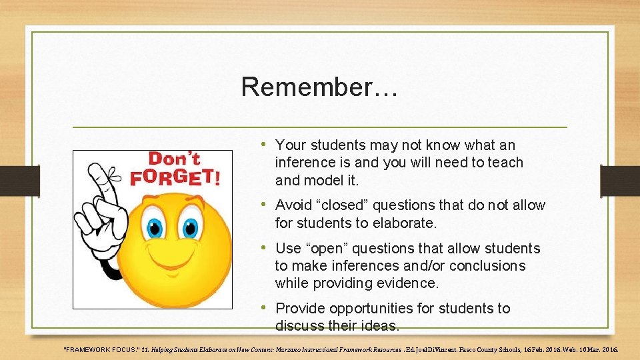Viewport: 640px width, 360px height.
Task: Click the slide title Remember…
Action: coord(319,87)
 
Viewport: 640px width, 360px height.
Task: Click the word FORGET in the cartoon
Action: coord(173,178)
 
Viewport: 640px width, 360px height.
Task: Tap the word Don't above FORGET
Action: coord(175,159)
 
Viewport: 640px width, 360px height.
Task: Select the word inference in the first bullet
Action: coord(307,163)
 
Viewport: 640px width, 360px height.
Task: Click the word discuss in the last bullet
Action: coord(298,326)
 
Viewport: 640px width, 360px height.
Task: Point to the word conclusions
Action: coord(487,266)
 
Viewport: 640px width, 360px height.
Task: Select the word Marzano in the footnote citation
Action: coord(283,349)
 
